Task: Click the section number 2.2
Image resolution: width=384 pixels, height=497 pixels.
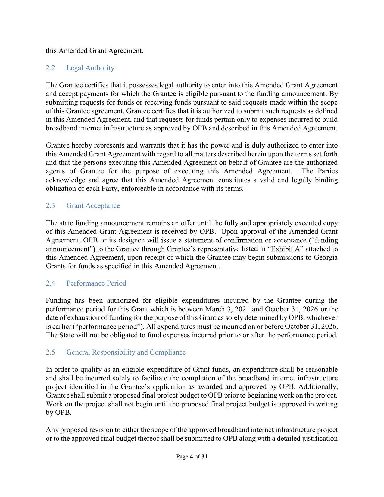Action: coord(50,68)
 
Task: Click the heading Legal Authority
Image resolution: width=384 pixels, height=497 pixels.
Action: coord(90,68)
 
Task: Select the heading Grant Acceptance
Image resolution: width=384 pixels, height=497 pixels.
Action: coord(93,206)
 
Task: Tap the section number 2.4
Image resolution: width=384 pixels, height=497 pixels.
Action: coord(50,283)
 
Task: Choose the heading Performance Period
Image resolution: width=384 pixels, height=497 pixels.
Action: coord(96,283)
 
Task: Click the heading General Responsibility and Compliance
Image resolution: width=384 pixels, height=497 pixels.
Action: coord(126,352)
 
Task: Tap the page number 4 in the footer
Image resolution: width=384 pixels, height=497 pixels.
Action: coord(191,457)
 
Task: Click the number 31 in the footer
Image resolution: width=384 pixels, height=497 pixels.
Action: coord(204,457)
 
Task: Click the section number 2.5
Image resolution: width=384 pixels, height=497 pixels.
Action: coord(50,352)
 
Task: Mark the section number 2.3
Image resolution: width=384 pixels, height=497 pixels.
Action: coord(50,206)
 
